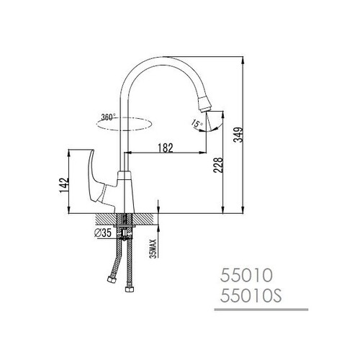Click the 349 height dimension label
pyautogui.click(x=238, y=135)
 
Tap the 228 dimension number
pyautogui.click(x=218, y=165)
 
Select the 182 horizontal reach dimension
pyautogui.click(x=166, y=148)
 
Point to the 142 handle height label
pyautogui.click(x=64, y=185)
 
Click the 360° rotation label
pyautogui.click(x=108, y=117)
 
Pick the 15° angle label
pyautogui.click(x=197, y=123)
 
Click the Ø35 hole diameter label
pyautogui.click(x=103, y=233)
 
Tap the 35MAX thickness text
pyautogui.click(x=153, y=248)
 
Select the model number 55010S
pyautogui.click(x=251, y=296)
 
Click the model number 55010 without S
pyautogui.click(x=246, y=275)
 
